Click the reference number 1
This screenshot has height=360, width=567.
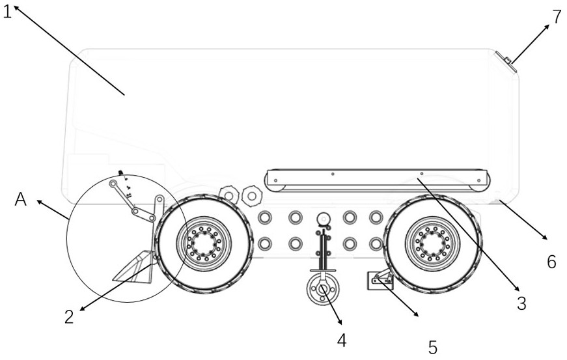8,12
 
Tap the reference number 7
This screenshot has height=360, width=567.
557,17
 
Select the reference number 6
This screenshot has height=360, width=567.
551,262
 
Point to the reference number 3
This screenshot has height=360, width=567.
521,303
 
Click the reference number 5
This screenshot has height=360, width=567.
433,348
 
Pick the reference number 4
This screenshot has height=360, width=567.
342,340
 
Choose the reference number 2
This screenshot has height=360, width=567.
69,317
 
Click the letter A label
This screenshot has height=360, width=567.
21,199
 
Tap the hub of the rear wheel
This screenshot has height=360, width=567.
432,243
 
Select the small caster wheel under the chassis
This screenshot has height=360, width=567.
322,289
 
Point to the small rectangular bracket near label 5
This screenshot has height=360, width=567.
380,280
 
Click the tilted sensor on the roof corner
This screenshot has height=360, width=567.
506,62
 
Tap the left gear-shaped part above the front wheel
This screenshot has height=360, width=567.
229,195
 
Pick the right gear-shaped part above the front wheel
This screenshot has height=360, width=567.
252,195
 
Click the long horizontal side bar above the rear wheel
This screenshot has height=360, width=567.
377,180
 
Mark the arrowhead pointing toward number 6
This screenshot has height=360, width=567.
544,236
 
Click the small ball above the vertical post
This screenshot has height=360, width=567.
324,219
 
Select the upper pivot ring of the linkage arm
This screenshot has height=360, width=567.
113,184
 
